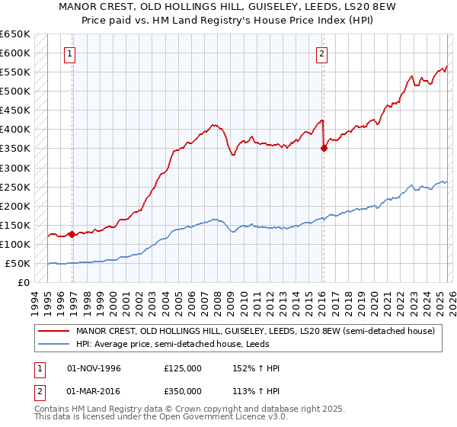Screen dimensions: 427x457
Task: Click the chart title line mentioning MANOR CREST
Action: coord(228,8)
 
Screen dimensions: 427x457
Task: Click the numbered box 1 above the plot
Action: coord(69,53)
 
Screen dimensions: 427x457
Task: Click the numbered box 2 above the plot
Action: coord(322,53)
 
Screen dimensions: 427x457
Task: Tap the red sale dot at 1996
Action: coord(72,234)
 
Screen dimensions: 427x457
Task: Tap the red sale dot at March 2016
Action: coord(324,149)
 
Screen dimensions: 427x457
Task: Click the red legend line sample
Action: coord(53,331)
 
